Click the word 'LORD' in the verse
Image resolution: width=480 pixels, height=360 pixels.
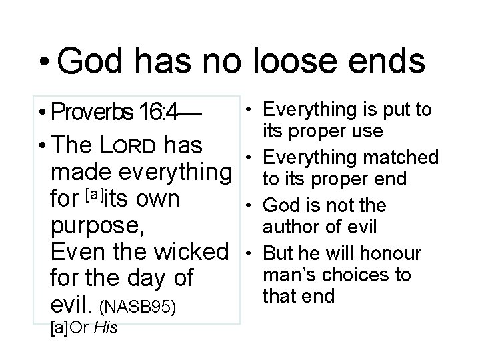[x=134, y=145]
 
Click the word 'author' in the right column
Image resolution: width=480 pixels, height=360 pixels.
[x=291, y=227]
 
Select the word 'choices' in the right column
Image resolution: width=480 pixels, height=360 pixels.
[x=357, y=274]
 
